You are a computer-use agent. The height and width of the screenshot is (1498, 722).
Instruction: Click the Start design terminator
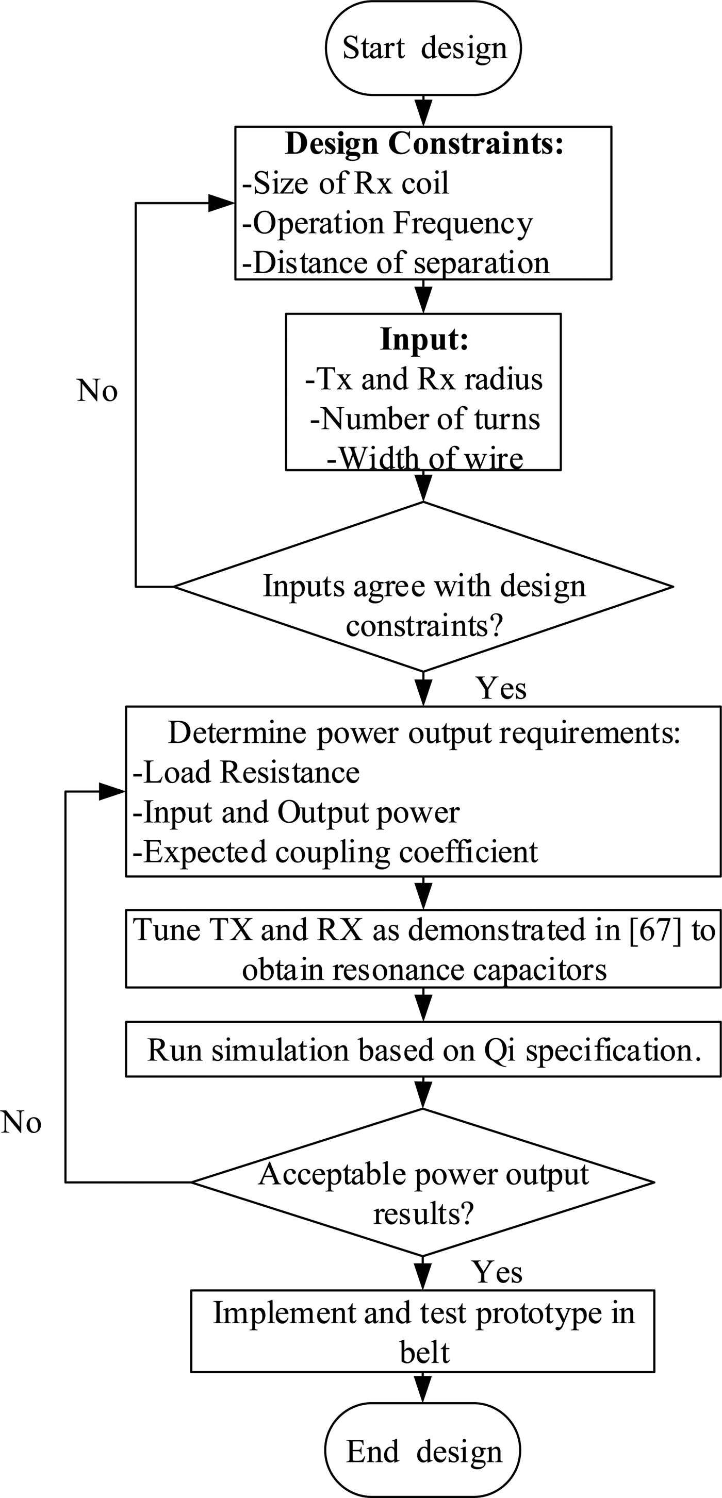[423, 48]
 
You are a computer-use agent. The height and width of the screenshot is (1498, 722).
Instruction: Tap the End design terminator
[423, 1452]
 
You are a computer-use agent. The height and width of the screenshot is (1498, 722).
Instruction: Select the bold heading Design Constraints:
[424, 144]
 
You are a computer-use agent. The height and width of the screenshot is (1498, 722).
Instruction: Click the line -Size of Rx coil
[346, 183]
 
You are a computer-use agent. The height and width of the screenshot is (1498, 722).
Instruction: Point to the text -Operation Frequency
[387, 223]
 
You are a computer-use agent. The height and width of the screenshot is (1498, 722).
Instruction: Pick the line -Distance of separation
[396, 263]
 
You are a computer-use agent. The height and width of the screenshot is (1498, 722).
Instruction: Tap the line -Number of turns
[425, 419]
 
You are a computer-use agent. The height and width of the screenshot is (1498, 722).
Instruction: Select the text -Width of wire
[425, 458]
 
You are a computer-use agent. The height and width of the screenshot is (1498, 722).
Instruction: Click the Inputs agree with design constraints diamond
[423, 587]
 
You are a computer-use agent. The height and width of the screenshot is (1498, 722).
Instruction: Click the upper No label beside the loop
[97, 391]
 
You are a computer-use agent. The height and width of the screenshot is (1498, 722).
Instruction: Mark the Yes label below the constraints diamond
[501, 689]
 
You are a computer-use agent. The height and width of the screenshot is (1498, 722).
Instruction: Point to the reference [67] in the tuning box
[655, 930]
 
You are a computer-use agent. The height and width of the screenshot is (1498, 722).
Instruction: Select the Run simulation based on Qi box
[423, 1050]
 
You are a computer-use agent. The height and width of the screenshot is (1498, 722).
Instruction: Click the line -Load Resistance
[246, 773]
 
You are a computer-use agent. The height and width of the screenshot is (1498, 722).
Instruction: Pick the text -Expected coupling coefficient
[335, 852]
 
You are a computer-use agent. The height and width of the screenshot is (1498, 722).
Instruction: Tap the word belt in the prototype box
[424, 1353]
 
